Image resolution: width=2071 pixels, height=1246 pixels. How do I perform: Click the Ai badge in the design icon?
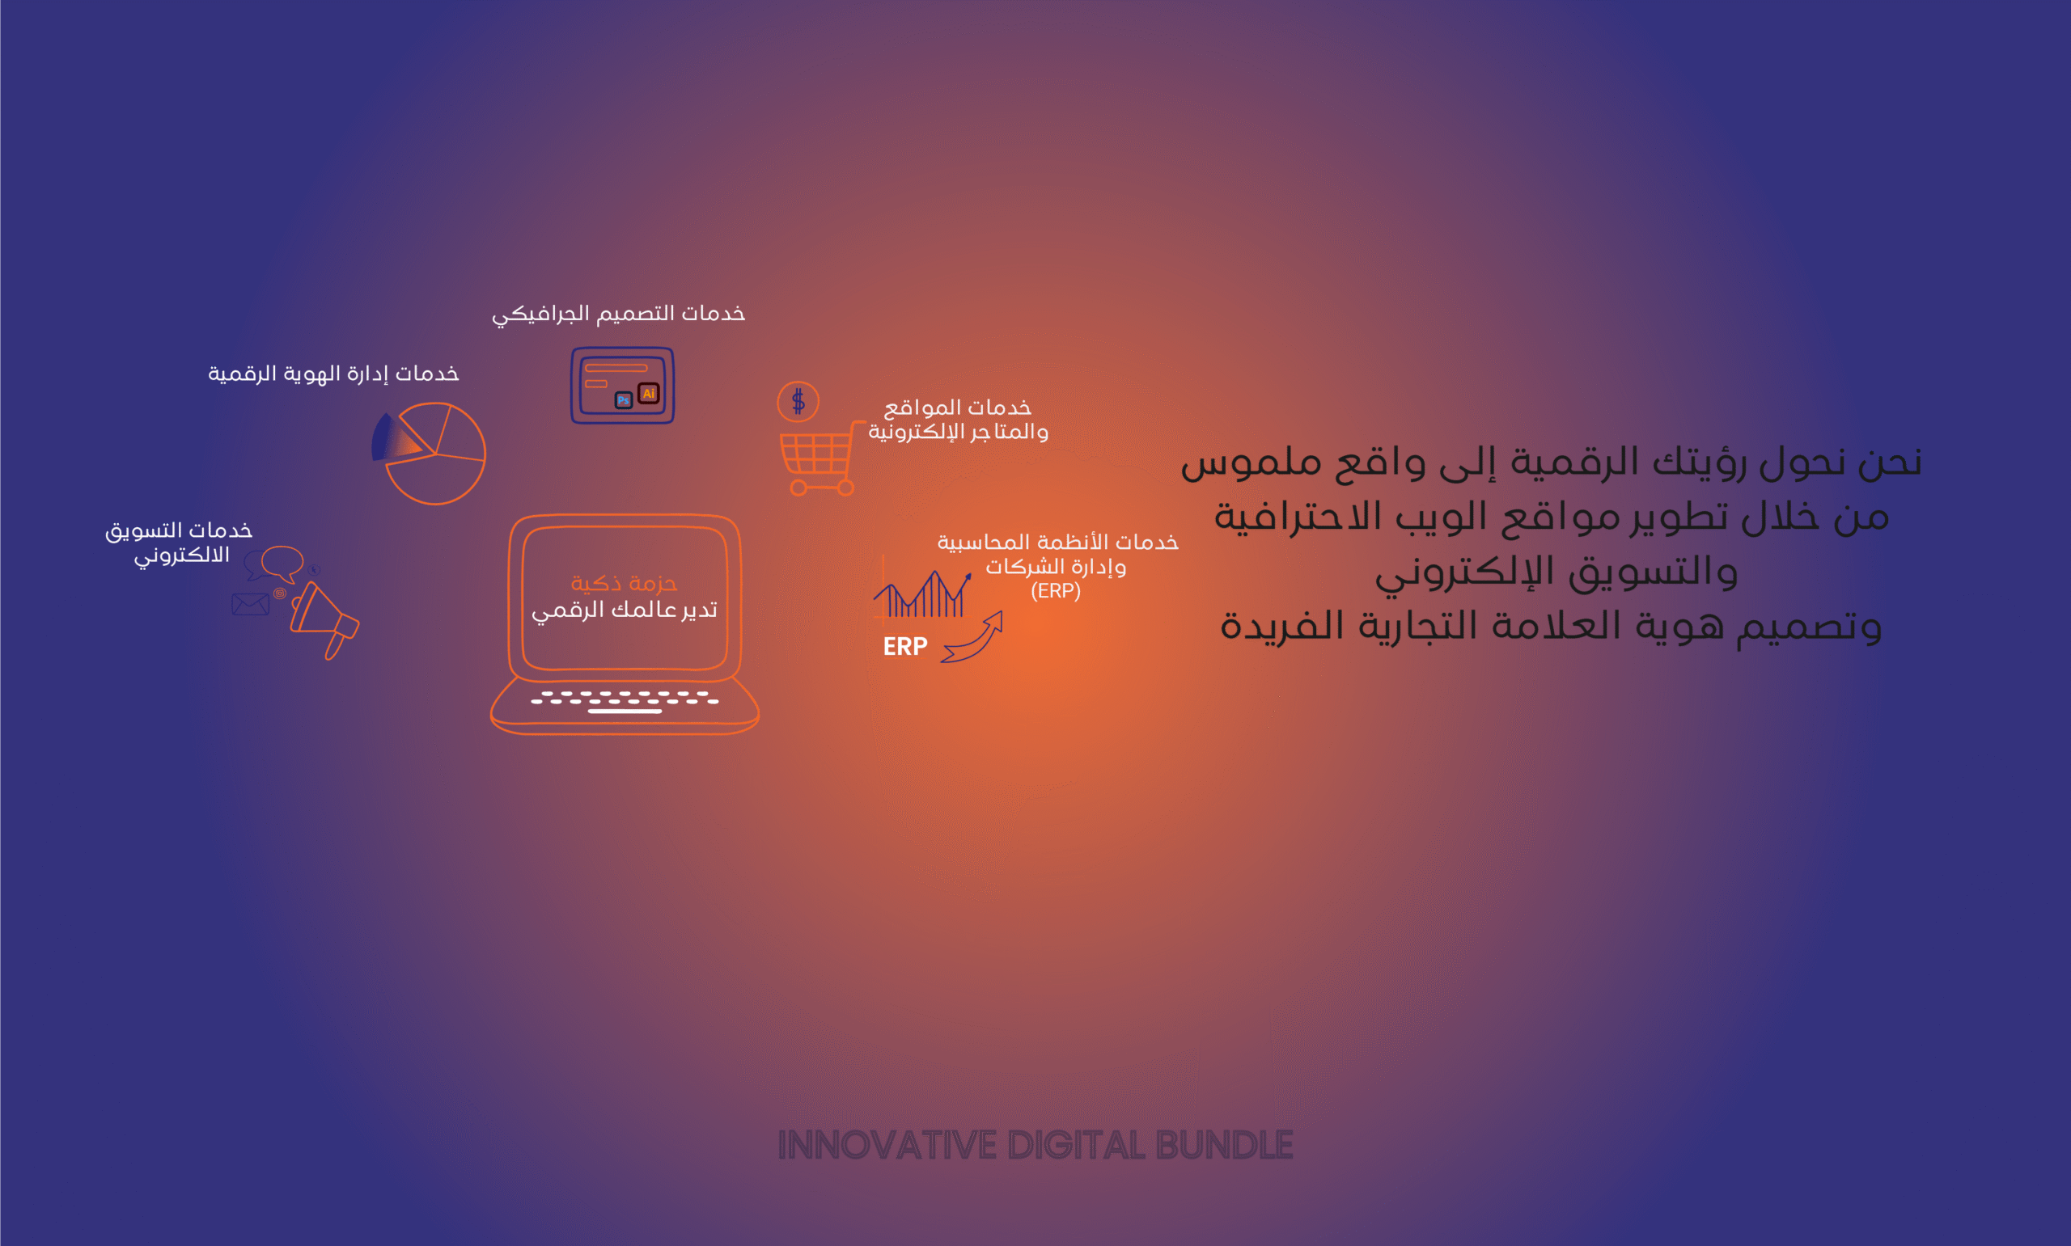click(648, 393)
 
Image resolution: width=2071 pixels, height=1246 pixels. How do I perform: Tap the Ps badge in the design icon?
click(623, 400)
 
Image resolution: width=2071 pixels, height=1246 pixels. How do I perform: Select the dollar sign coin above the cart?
click(798, 401)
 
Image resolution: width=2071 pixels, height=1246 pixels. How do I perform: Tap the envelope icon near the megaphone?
click(250, 604)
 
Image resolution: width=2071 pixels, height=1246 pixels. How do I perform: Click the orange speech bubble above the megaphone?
click(282, 563)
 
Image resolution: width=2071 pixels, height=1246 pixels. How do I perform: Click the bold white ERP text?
click(904, 647)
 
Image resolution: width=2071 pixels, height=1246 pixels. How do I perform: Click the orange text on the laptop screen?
click(624, 583)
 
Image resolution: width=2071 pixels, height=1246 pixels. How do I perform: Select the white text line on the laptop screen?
click(624, 610)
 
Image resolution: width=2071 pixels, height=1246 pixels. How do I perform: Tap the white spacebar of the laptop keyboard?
click(625, 712)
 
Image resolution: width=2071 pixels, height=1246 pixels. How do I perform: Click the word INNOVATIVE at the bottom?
click(887, 1145)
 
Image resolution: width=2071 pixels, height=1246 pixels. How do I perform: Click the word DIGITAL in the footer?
click(1076, 1145)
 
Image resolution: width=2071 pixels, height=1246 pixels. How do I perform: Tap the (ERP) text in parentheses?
click(1056, 591)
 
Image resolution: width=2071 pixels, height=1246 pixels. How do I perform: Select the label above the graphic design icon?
click(618, 314)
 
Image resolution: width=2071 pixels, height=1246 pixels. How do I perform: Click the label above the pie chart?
click(333, 374)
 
